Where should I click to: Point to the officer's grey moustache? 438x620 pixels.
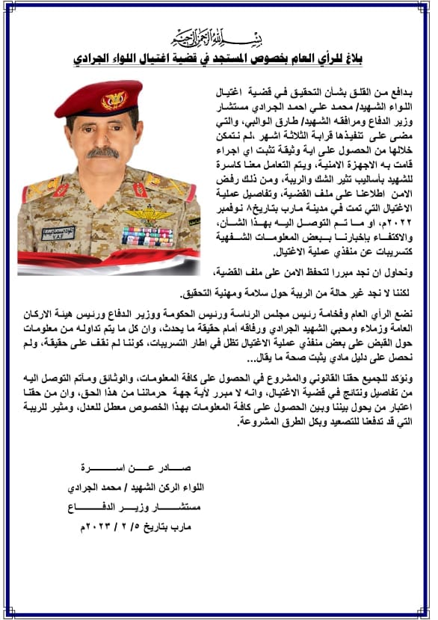click(102, 153)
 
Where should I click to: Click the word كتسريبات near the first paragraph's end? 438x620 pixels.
click(387, 254)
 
